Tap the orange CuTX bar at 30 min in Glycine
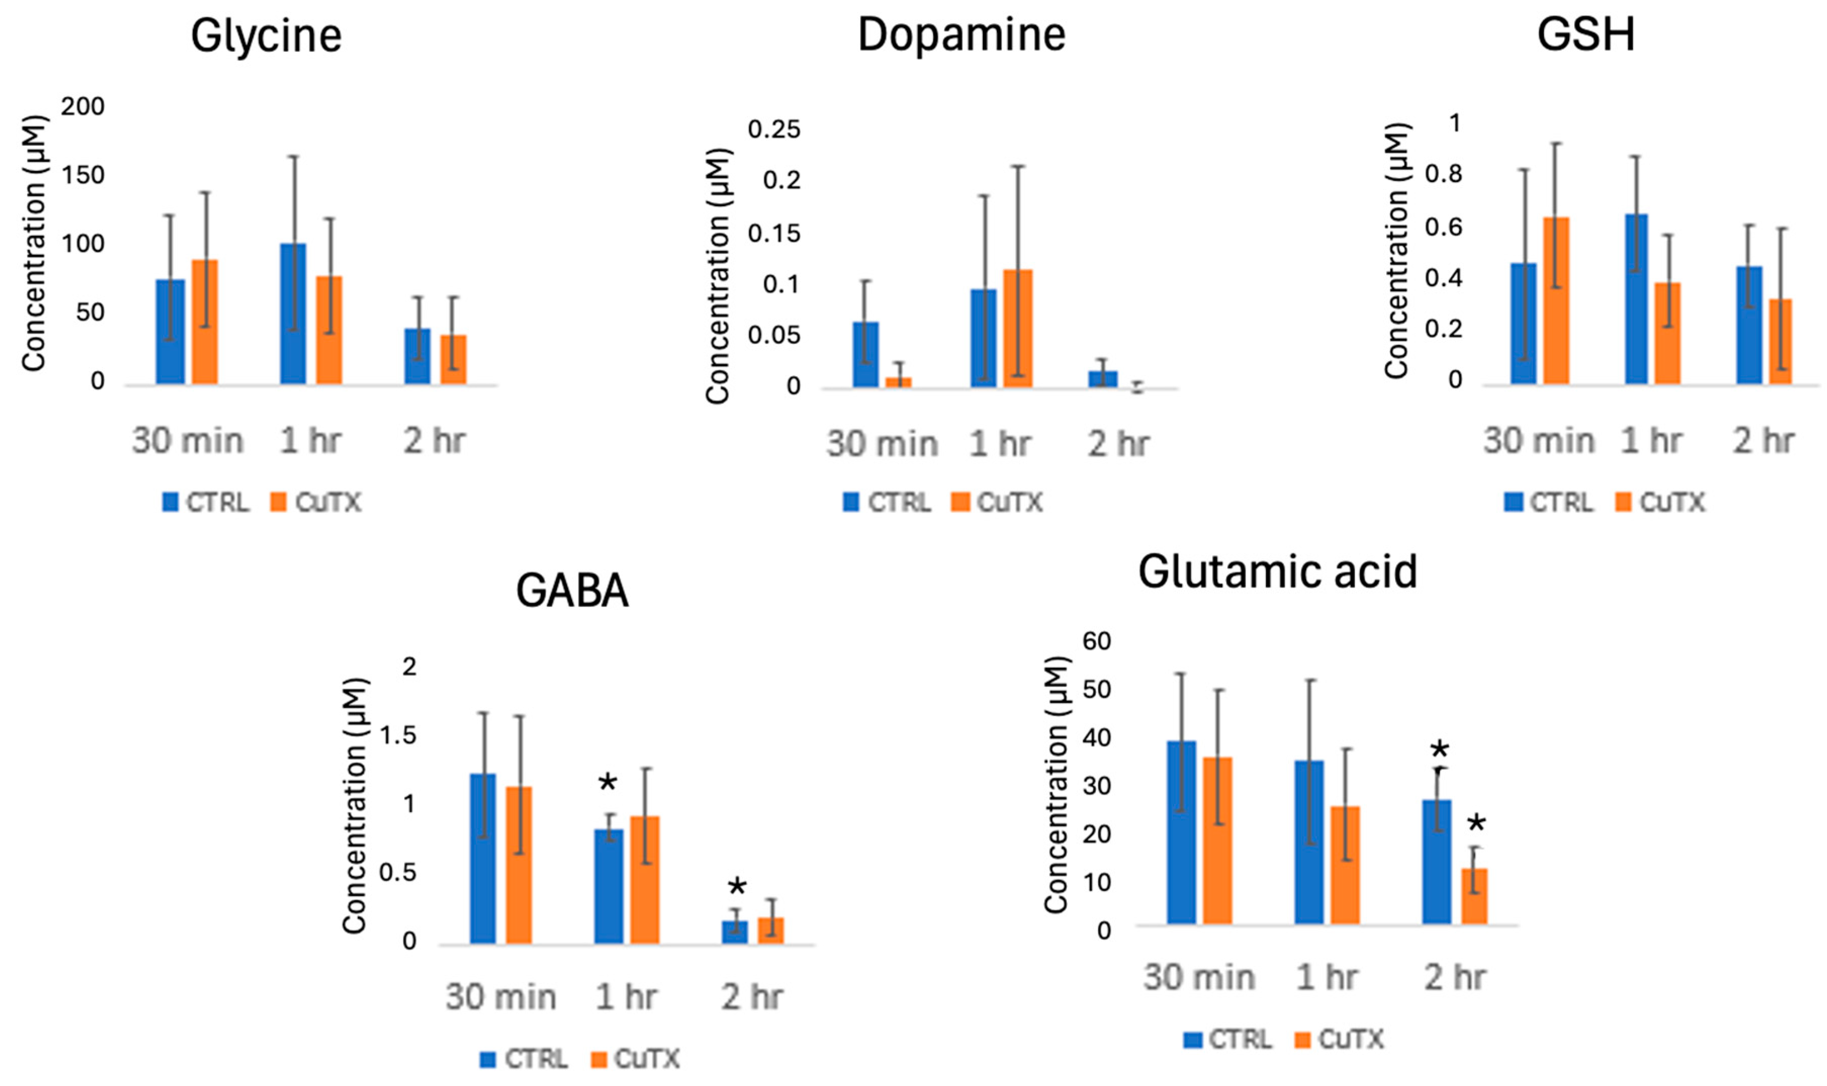[205, 322]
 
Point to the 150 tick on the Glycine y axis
[83, 175]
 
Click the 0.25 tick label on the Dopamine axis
[773, 130]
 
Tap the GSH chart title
[1585, 34]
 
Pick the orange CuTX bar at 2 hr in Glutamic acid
[1474, 896]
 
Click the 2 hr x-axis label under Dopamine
[1118, 444]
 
